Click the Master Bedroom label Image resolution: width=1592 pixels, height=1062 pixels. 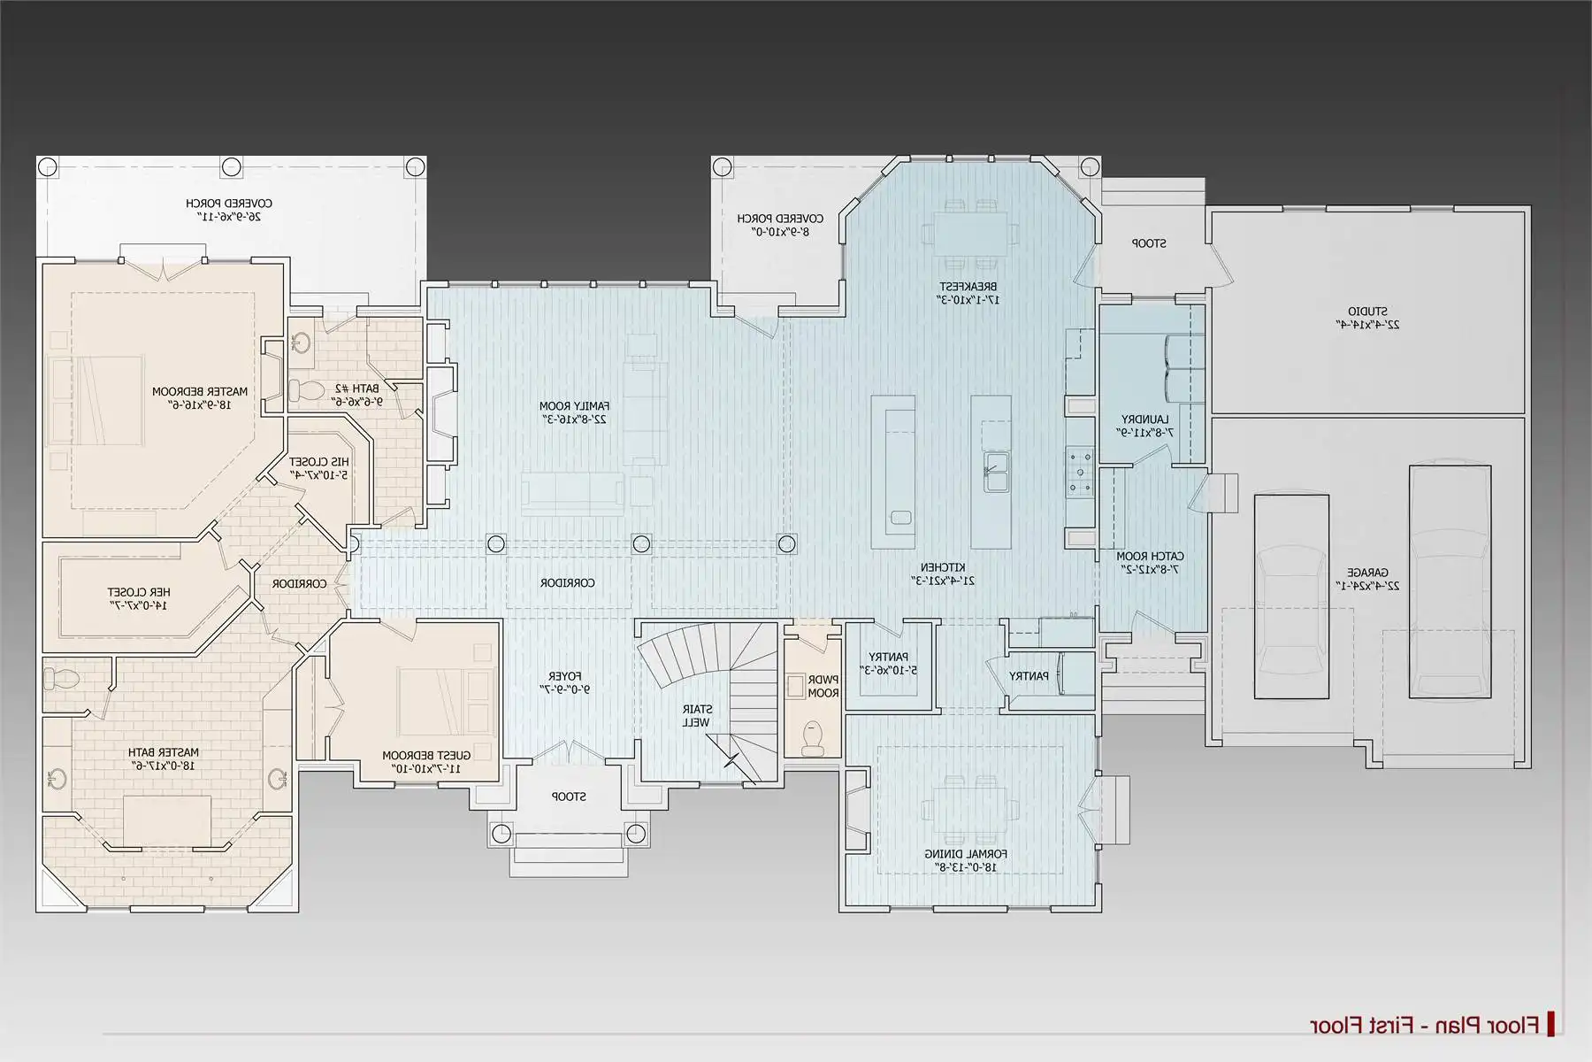click(x=200, y=397)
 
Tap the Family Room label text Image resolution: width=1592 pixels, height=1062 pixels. click(x=574, y=412)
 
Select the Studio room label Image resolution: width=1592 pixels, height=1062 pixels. click(x=1367, y=318)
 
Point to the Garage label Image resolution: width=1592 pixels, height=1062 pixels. click(x=1367, y=579)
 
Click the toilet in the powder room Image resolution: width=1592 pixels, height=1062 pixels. click(x=811, y=736)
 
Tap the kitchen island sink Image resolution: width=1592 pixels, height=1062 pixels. click(x=996, y=473)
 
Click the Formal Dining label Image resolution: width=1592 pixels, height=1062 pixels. click(x=966, y=860)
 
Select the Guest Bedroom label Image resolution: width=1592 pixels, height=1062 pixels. click(x=426, y=762)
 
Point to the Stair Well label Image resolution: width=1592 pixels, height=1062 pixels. click(x=697, y=716)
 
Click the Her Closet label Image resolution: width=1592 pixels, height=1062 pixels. click(x=139, y=598)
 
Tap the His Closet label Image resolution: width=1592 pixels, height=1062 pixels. click(x=318, y=468)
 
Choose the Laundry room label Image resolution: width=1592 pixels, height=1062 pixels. click(x=1145, y=426)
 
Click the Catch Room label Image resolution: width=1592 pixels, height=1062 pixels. click(x=1150, y=563)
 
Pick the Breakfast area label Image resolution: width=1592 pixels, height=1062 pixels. click(x=968, y=293)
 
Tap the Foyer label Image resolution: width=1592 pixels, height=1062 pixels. click(x=564, y=682)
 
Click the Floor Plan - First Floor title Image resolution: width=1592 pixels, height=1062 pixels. click(x=1424, y=1026)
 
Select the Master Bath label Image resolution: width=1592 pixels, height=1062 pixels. click(x=164, y=758)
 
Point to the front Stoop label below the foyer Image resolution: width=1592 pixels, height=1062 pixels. click(x=569, y=796)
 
